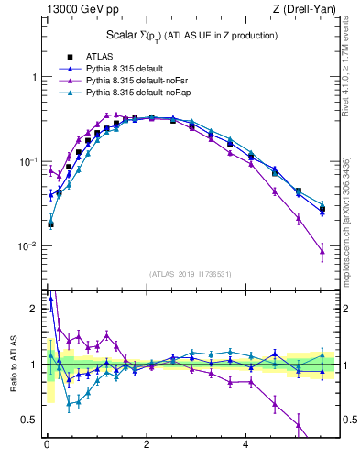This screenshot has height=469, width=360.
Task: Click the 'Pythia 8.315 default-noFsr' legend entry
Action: [136, 81]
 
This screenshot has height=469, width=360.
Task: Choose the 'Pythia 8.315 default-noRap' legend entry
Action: [138, 93]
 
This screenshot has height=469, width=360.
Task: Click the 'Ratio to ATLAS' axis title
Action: [13, 365]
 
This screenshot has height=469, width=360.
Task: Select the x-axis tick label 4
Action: [246, 444]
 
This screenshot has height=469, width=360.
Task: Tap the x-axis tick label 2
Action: [147, 444]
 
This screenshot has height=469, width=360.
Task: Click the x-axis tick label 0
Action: [47, 444]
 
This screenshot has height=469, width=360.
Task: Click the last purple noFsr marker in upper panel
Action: [322, 251]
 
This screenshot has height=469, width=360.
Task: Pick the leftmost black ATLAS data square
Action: [50, 224]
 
